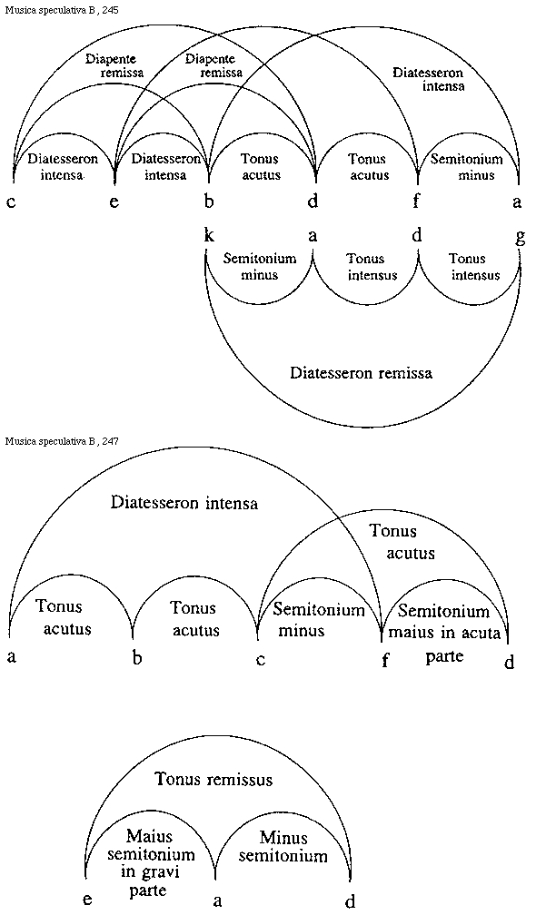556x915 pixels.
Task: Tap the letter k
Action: pos(209,236)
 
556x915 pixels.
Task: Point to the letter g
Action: pos(520,237)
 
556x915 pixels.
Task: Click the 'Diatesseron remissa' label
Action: pos(361,372)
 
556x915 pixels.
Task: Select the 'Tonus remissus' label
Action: pos(213,779)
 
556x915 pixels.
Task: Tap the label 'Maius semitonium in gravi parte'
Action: pos(150,861)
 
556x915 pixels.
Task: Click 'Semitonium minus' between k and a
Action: pos(261,266)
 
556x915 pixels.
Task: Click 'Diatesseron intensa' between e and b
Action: pos(165,166)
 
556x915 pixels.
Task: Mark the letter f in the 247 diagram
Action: pos(385,661)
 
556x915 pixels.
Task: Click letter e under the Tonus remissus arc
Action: pos(87,899)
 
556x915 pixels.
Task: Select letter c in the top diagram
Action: pos(11,202)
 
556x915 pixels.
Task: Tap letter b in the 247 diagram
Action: pos(137,658)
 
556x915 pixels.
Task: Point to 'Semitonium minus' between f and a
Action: pos(466,166)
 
